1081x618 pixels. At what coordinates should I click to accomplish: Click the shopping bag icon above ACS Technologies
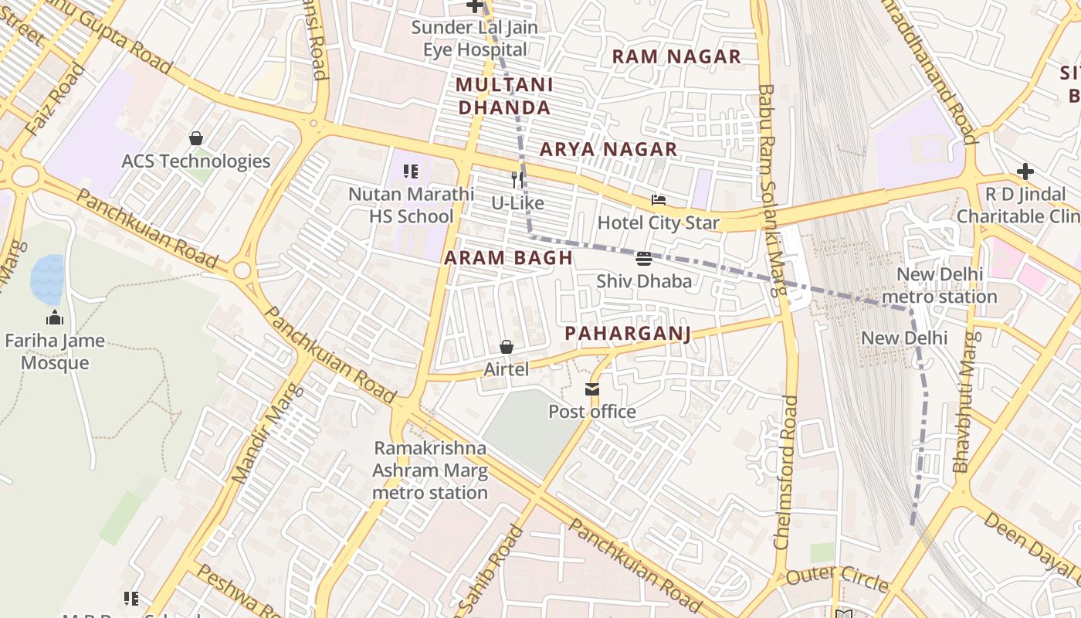(196, 138)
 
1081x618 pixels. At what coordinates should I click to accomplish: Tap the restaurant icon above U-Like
(517, 180)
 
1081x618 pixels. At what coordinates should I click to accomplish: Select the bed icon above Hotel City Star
(658, 200)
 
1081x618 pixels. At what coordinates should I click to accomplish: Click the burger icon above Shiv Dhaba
(643, 258)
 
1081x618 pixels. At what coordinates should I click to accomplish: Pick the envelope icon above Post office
(591, 389)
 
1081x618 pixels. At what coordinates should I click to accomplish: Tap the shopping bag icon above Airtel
(507, 347)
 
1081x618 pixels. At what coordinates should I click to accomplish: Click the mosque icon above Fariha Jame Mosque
(54, 317)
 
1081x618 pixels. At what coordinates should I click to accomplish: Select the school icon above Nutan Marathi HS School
(411, 171)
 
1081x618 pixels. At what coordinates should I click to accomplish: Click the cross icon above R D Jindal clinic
(1025, 171)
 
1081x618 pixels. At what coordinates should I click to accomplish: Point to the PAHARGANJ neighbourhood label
(627, 333)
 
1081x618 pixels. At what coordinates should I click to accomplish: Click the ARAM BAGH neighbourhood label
(509, 258)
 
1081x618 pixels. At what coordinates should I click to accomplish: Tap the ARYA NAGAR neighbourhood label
(608, 149)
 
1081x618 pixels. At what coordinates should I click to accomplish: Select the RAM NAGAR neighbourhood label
(676, 56)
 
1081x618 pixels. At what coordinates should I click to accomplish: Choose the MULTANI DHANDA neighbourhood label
(504, 96)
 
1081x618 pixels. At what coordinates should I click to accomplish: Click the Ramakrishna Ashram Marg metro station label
(430, 470)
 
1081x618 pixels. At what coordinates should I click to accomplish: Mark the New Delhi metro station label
(939, 285)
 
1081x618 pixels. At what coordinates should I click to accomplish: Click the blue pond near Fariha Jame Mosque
(47, 278)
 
